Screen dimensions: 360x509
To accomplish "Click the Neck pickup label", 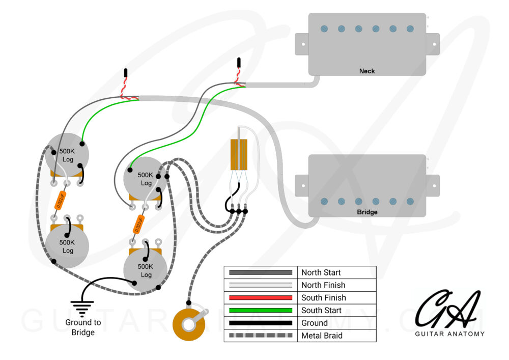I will [366, 71].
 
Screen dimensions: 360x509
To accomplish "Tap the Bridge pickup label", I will [366, 211].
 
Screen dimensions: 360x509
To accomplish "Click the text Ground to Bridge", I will [83, 327].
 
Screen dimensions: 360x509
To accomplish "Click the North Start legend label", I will [321, 272].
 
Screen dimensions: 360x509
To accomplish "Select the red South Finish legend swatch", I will [261, 297].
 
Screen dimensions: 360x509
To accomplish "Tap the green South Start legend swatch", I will [261, 310].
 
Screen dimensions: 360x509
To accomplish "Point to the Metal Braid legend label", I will [322, 336].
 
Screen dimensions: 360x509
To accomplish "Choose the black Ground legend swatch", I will [261, 323].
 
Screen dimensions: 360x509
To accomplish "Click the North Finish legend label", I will [323, 285].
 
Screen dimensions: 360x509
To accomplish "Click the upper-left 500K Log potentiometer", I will [67, 155].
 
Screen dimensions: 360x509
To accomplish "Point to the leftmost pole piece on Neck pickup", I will [324, 29].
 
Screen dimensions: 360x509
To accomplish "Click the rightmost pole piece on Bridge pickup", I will [410, 202].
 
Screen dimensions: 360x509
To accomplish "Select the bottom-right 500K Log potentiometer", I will [146, 270].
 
